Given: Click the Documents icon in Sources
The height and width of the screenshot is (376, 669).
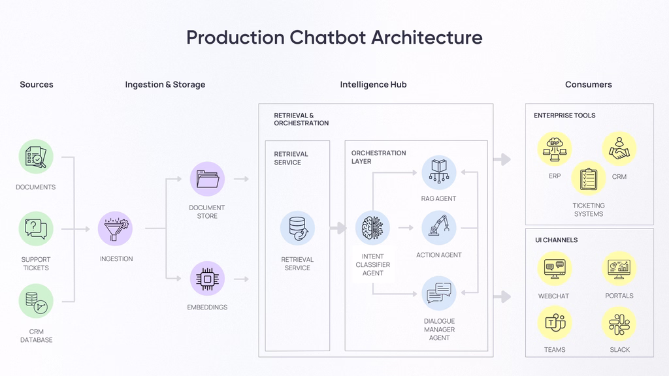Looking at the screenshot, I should click(x=35, y=157).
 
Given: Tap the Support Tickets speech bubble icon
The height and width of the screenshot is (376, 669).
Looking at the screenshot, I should click(x=35, y=228).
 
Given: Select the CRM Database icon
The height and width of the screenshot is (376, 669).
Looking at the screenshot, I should click(x=35, y=301).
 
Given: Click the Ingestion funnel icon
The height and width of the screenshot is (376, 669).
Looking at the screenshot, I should click(x=116, y=228).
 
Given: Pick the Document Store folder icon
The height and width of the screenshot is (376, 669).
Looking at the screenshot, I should click(x=207, y=179).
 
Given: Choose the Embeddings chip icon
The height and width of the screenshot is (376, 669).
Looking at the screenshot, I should click(x=207, y=279).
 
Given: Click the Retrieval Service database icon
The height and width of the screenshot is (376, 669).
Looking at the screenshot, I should click(x=297, y=228).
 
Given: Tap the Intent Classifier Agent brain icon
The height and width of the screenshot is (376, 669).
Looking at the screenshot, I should click(x=372, y=228).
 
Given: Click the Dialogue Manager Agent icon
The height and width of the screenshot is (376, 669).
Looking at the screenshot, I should click(x=438, y=293).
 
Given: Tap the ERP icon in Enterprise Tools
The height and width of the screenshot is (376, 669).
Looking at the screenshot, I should click(x=555, y=148).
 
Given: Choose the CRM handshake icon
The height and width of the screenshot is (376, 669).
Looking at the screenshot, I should click(x=619, y=148).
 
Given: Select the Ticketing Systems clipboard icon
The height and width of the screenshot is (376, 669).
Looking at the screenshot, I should click(x=588, y=178).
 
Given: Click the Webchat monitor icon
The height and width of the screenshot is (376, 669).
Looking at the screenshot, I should click(x=554, y=268).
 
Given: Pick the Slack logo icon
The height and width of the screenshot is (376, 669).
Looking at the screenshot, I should click(x=619, y=323).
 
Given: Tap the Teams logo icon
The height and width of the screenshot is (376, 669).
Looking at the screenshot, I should click(x=554, y=323).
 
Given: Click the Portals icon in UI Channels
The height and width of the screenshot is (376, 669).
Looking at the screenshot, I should click(x=619, y=268).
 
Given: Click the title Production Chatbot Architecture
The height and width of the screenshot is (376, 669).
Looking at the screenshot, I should click(x=334, y=37).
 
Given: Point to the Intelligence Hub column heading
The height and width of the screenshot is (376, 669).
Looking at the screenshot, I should click(x=373, y=84).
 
